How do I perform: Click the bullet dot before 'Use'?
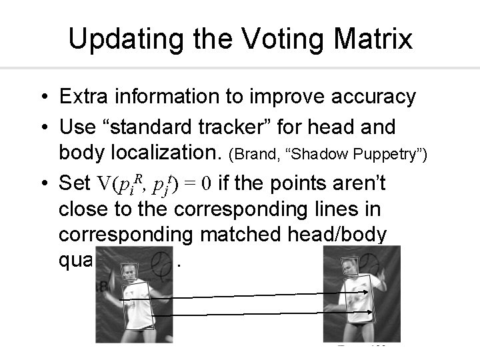tap(42, 126)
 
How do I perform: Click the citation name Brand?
tap(254, 155)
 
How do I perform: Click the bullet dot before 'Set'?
tap(42, 182)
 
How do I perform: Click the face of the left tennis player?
tap(129, 273)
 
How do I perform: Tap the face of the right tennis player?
tap(349, 267)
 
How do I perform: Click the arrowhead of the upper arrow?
tap(367, 292)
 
